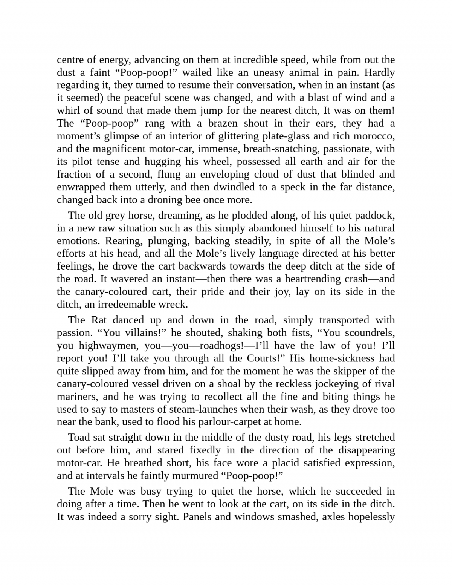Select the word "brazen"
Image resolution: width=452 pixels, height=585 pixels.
222,124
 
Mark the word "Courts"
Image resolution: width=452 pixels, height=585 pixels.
263,358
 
